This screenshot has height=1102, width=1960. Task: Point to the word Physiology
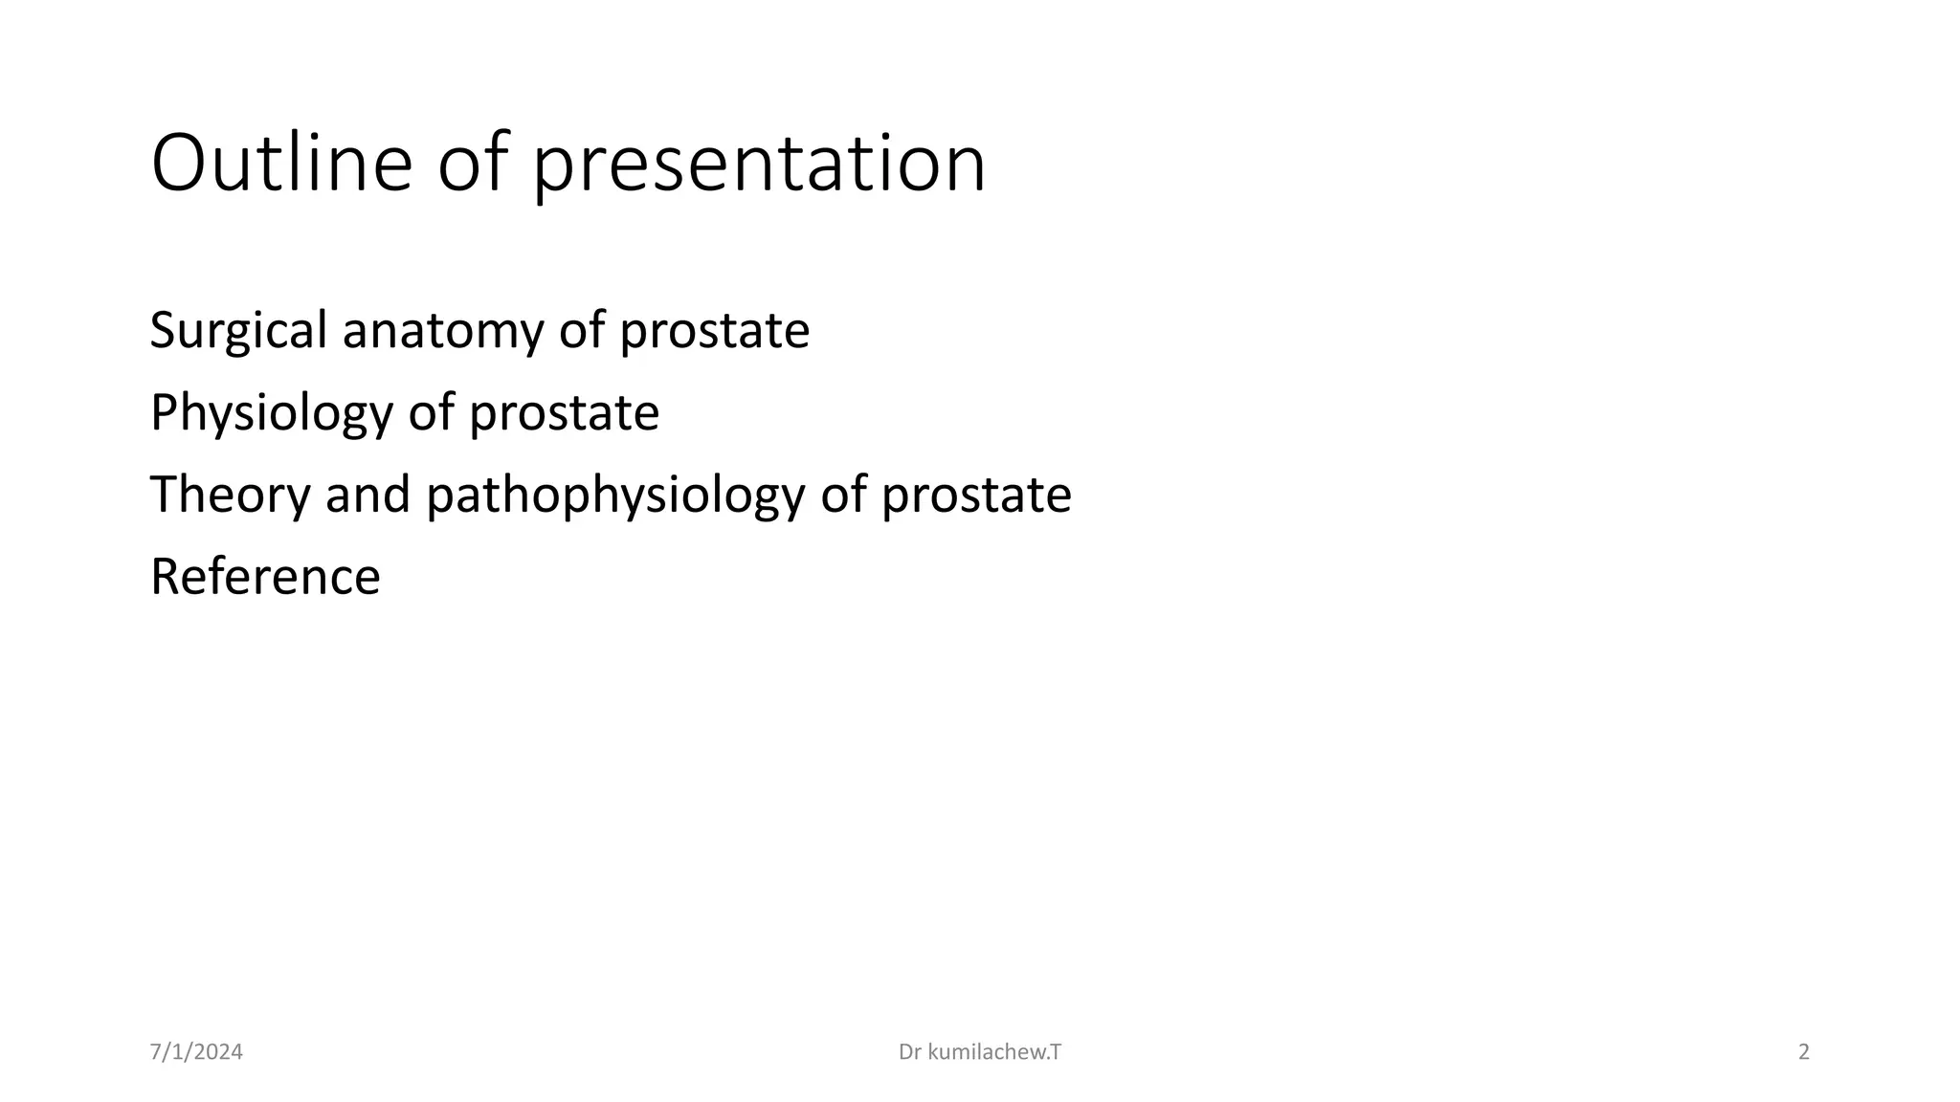[272, 413]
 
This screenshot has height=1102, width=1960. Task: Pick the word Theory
[230, 495]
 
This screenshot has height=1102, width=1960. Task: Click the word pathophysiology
[615, 496]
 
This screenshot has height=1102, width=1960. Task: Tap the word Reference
[265, 577]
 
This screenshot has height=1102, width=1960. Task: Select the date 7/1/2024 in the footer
[196, 1052]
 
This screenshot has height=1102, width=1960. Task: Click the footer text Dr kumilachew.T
[980, 1052]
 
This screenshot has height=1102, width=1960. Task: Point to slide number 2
[1804, 1052]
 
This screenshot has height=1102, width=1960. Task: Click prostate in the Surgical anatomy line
[714, 331]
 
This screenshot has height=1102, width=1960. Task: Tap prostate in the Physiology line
[564, 413]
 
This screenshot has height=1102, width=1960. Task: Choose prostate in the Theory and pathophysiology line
[975, 496]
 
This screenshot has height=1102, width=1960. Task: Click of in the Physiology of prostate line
[431, 413]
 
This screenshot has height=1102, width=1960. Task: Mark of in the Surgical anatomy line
[581, 331]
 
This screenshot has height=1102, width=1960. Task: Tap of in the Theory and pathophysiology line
[842, 495]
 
